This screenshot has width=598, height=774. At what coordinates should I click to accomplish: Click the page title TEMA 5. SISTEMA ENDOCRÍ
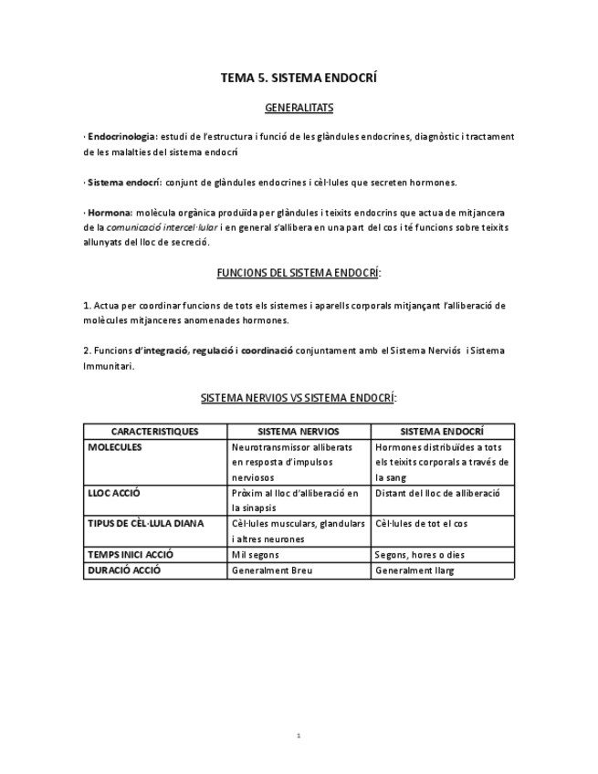click(x=299, y=78)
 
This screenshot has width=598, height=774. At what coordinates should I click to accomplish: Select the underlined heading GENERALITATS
click(x=299, y=108)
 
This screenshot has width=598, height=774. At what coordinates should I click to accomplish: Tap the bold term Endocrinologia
click(x=122, y=137)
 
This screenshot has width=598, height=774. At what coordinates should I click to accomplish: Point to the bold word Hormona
click(x=110, y=213)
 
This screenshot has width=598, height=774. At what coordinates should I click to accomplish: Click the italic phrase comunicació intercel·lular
click(x=163, y=227)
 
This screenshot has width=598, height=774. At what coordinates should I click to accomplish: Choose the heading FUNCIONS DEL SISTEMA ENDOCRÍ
click(x=299, y=273)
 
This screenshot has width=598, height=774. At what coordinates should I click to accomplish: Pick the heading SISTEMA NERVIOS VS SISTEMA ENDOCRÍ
click(x=299, y=398)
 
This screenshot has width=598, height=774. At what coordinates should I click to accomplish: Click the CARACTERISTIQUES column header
click(x=155, y=432)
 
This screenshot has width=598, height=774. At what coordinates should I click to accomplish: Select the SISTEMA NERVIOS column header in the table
click(x=299, y=432)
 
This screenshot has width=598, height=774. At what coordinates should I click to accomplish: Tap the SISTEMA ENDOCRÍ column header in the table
click(x=442, y=432)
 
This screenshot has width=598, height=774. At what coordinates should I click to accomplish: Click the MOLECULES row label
click(x=115, y=447)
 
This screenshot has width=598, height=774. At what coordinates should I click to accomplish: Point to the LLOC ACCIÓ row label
click(x=114, y=493)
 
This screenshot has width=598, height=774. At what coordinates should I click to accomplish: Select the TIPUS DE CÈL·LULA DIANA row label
click(x=146, y=524)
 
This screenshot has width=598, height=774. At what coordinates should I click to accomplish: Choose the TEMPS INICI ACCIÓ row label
click(x=131, y=554)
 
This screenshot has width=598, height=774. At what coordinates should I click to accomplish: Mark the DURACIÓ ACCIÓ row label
click(x=124, y=570)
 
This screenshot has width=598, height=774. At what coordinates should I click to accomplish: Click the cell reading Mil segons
click(x=256, y=555)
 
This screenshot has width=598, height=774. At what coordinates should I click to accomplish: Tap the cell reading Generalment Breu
click(x=270, y=571)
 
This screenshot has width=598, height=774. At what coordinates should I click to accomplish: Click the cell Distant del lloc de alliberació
click(x=437, y=493)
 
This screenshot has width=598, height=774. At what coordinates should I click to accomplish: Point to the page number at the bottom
click(x=299, y=736)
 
